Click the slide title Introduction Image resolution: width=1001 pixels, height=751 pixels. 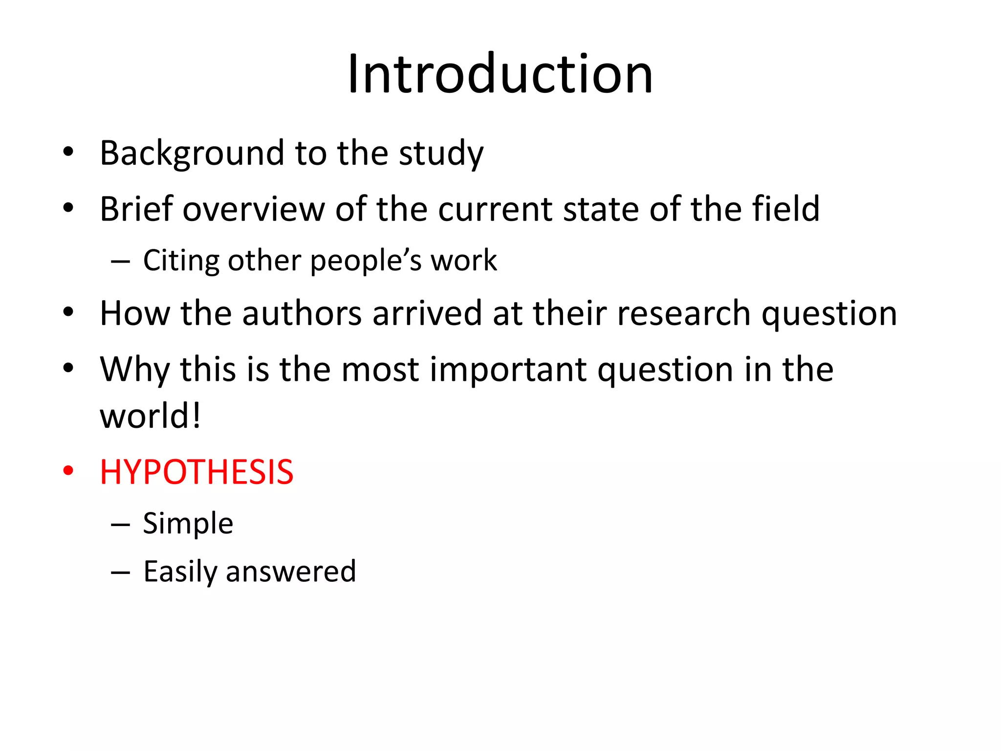tap(500, 74)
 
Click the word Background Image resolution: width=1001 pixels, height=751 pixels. tap(191, 154)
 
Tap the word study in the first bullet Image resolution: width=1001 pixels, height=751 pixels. tap(441, 154)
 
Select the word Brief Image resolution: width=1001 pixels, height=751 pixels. tap(136, 209)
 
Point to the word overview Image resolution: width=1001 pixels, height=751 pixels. tap(254, 209)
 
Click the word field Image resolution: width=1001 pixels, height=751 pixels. tap(785, 209)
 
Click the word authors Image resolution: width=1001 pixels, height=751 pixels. tap(302, 313)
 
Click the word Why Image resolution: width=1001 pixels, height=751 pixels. tap(134, 370)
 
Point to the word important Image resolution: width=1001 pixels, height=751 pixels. tap(508, 370)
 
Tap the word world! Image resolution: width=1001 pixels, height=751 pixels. tap(150, 416)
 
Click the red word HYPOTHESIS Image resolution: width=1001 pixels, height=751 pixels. tap(196, 472)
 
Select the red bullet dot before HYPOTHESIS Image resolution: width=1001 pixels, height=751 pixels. tap(68, 471)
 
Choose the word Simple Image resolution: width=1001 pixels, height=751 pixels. tap(188, 524)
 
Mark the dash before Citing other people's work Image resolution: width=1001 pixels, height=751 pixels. tap(120, 262)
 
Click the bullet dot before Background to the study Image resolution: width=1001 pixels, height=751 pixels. tap(68, 152)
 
